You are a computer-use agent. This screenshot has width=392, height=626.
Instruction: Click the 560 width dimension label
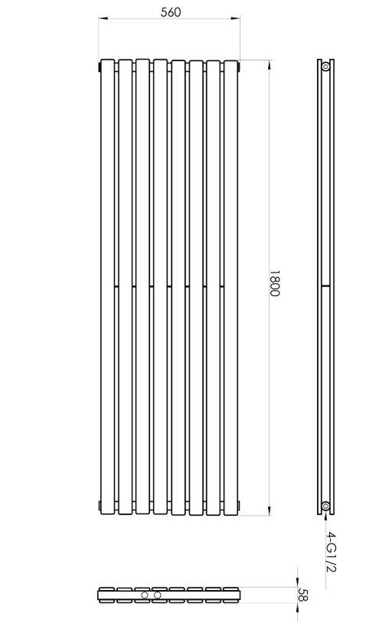(171, 12)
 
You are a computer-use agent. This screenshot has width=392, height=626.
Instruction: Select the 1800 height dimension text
(274, 283)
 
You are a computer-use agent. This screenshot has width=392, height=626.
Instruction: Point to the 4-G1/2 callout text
(331, 551)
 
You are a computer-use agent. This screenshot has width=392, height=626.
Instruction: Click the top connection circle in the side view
(325, 67)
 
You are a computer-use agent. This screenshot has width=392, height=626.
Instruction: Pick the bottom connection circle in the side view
(325, 506)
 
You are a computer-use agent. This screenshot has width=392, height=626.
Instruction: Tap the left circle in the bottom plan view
(145, 595)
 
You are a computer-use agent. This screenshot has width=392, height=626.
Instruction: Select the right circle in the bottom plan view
(158, 595)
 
